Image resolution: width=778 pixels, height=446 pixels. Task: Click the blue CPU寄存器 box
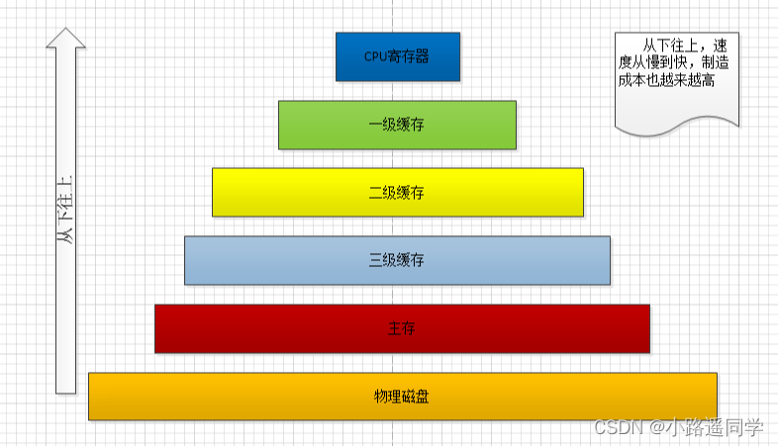397,56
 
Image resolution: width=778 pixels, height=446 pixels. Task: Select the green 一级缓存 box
397,125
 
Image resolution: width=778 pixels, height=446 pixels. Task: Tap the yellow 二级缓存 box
397,192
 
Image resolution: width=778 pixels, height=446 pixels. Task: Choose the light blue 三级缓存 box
397,260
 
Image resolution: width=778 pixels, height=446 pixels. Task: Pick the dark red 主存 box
402,327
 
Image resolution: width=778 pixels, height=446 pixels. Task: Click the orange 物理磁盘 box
402,396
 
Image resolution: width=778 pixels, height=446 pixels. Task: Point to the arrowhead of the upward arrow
65,38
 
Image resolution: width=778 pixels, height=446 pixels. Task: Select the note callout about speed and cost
677,79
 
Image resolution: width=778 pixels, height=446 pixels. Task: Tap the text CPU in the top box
374,56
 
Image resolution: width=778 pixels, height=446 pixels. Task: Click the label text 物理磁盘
402,397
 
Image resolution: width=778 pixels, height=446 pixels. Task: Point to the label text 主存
402,328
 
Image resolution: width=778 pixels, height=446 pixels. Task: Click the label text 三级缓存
397,261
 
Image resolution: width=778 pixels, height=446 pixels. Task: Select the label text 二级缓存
397,193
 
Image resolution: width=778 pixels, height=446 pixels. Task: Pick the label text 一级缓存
397,126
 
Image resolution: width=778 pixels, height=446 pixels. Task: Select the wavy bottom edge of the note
677,123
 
